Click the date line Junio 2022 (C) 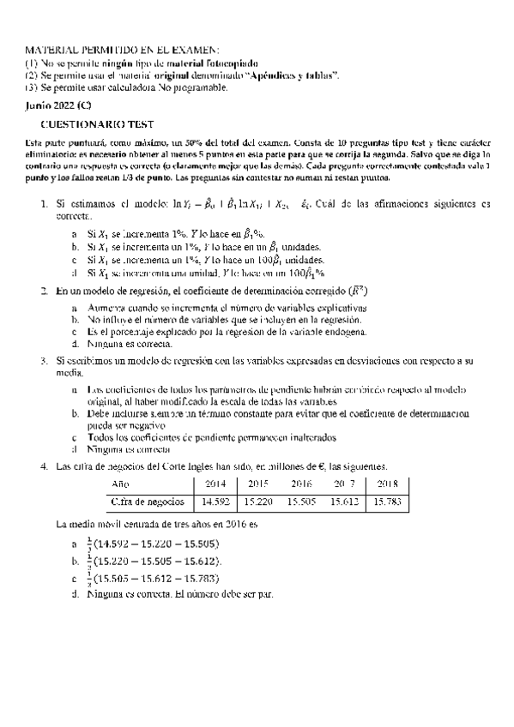pyautogui.click(x=58, y=105)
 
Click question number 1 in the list pyautogui.click(x=45, y=204)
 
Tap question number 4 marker pyautogui.click(x=44, y=466)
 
